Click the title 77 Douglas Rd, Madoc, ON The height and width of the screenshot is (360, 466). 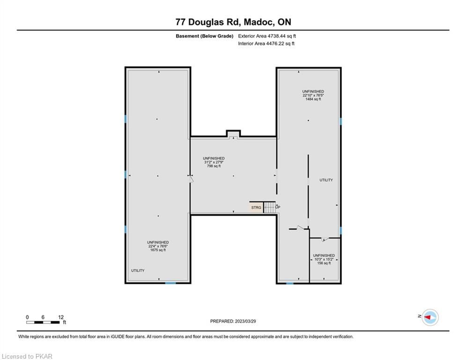click(233, 22)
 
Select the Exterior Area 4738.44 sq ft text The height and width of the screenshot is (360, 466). click(267, 36)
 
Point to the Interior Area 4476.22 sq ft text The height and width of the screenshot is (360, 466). click(266, 44)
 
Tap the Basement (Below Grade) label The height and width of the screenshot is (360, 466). click(205, 36)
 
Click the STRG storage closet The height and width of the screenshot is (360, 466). click(256, 207)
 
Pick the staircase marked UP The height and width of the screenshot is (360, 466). click(270, 207)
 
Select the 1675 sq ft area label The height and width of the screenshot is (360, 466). click(158, 250)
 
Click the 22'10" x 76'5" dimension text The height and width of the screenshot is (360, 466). click(313, 95)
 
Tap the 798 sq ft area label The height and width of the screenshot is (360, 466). click(214, 166)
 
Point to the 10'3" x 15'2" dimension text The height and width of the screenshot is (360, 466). click(324, 259)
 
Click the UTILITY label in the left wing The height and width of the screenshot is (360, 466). click(138, 270)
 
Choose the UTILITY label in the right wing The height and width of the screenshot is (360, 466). click(326, 180)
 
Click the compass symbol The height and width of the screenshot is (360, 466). click(430, 317)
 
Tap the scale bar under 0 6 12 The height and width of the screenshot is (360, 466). click(43, 322)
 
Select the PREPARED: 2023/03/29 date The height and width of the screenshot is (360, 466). click(233, 321)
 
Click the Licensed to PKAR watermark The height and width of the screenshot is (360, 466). click(27, 356)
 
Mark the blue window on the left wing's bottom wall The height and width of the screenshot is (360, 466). click(170, 283)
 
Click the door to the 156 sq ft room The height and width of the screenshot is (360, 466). click(325, 239)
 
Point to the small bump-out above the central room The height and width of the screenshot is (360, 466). click(233, 134)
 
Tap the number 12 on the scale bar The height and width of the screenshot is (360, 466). click(61, 317)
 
